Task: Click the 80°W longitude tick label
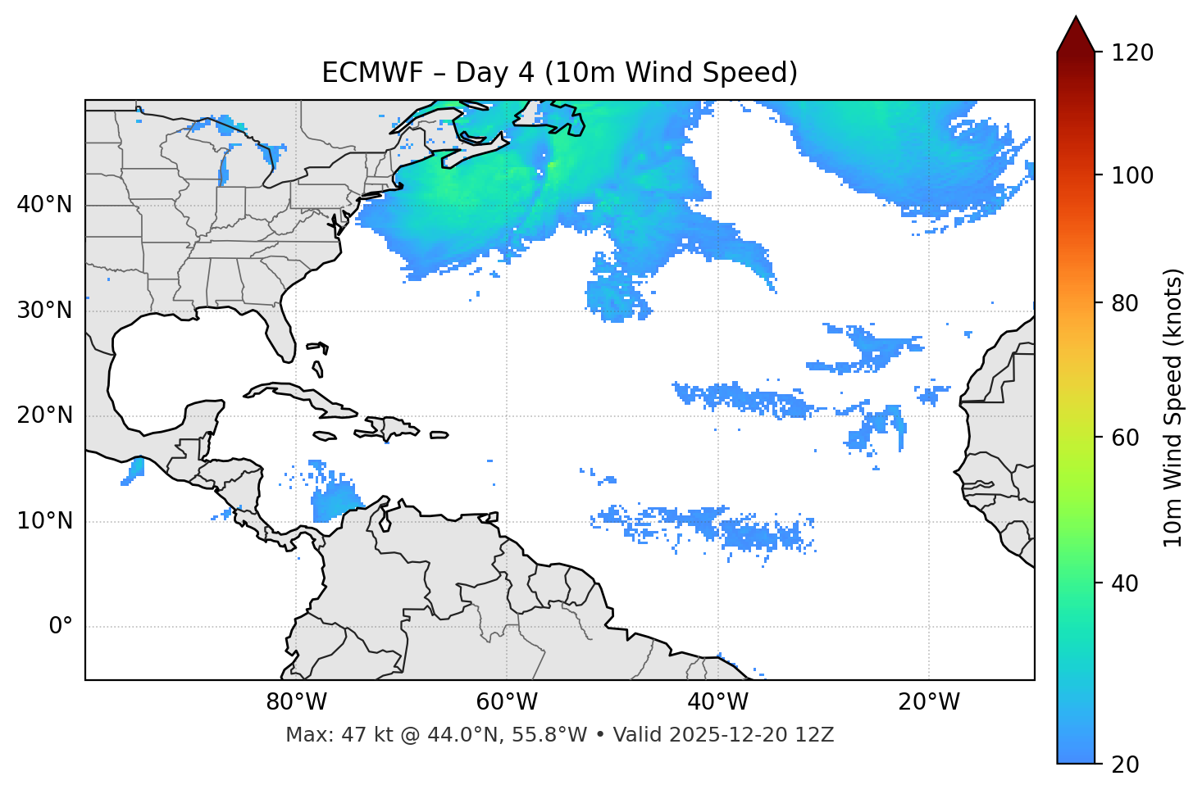click(x=296, y=702)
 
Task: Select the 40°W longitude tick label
click(x=717, y=702)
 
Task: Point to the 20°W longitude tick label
click(x=929, y=702)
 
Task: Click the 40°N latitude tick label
click(x=44, y=205)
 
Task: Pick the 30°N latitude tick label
click(x=44, y=311)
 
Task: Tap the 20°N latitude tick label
click(x=44, y=415)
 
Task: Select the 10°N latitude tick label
click(x=44, y=521)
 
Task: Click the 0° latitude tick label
click(x=61, y=627)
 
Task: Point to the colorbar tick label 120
click(x=1132, y=53)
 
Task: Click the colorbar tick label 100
click(x=1132, y=175)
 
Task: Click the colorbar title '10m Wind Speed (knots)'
click(x=1173, y=407)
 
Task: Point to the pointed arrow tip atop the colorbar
click(x=1076, y=20)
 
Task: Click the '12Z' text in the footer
click(x=817, y=735)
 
